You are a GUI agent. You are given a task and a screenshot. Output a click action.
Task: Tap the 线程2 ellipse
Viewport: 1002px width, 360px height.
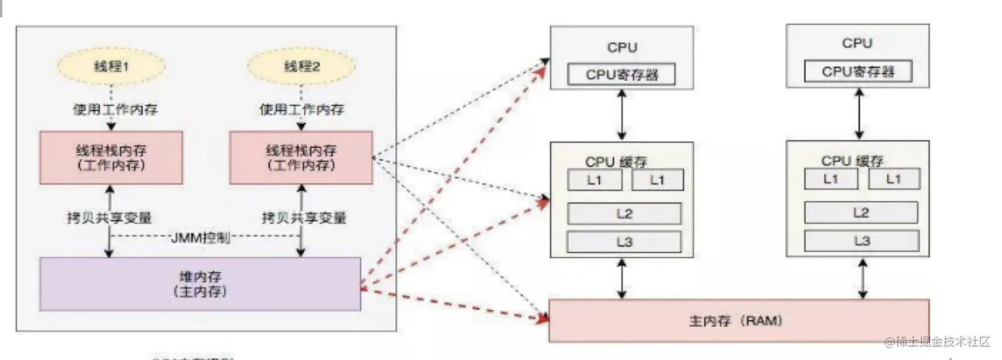(302, 67)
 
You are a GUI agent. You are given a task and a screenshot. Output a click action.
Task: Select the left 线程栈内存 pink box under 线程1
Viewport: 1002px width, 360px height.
(111, 157)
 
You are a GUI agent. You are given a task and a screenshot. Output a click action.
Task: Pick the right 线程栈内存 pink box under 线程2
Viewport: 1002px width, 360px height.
(301, 157)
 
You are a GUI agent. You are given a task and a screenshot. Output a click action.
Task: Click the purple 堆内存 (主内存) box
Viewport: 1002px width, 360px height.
(200, 284)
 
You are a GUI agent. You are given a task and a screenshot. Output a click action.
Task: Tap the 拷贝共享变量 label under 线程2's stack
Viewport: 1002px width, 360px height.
(304, 217)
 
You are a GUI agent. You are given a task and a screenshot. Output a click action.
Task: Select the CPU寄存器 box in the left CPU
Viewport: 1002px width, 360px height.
(622, 74)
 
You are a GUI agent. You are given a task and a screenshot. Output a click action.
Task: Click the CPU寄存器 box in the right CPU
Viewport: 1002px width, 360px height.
(858, 72)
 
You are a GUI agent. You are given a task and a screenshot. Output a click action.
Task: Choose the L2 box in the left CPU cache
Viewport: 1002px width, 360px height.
(624, 213)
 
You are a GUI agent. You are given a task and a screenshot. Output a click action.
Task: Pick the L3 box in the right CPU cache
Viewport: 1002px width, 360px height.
(861, 241)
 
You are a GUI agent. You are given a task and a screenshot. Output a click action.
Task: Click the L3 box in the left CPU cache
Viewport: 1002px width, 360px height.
(624, 242)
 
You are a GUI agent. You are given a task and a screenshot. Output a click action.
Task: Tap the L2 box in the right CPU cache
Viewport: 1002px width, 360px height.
(861, 212)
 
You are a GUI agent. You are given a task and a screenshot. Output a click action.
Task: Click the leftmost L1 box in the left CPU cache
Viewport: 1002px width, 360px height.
(594, 180)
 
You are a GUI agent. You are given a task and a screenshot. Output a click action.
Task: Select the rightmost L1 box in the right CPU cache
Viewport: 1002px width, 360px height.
(894, 179)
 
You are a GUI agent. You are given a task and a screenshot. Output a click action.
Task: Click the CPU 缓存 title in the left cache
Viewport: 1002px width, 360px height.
(616, 162)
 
